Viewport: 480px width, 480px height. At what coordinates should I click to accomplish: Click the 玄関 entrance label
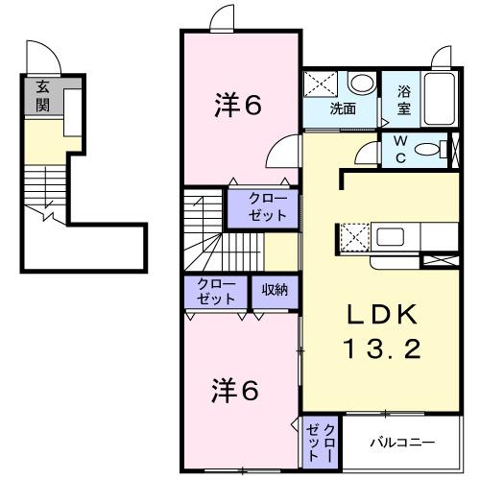[42, 97]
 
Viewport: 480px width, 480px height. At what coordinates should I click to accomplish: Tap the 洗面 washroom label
[342, 108]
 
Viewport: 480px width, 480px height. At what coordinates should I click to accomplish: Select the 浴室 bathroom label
[404, 101]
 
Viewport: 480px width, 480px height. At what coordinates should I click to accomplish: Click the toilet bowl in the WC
[440, 149]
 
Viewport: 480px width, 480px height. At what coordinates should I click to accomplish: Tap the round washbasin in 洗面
[361, 84]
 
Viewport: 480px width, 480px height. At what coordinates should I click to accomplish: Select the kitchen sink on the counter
[394, 236]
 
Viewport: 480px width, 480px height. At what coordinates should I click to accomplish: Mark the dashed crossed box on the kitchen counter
[352, 236]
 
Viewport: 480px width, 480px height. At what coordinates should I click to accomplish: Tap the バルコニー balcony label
[402, 443]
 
